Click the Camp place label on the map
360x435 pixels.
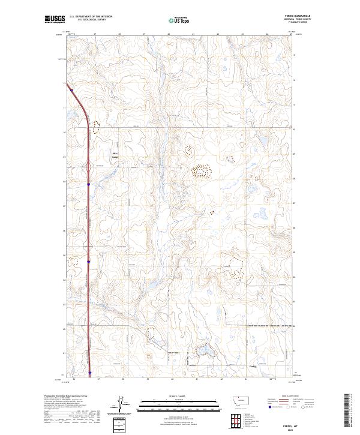(x=114, y=157)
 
